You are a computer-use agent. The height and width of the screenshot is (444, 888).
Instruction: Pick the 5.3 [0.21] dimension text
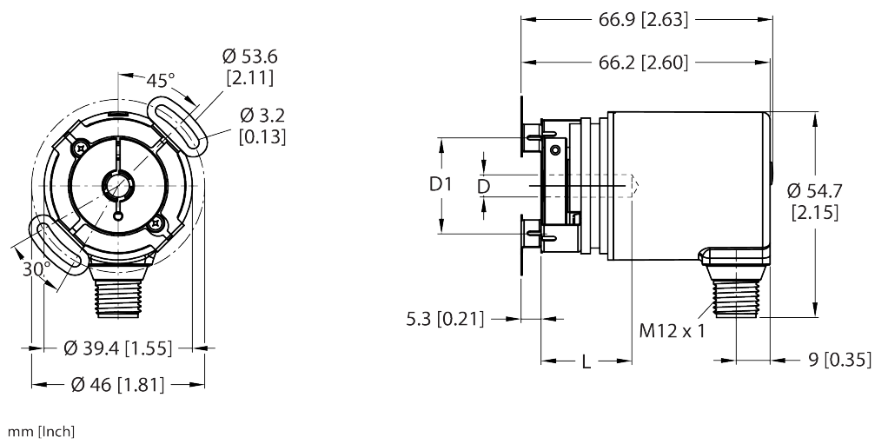[443, 319]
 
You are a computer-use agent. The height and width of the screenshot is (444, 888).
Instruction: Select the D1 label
[442, 185]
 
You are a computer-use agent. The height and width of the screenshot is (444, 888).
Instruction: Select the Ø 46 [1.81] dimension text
[118, 383]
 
